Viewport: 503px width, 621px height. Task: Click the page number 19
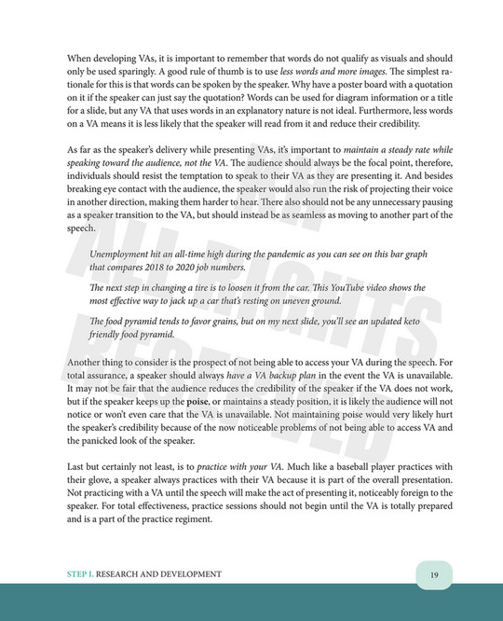[x=434, y=574]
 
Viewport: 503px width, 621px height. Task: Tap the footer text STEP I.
[x=82, y=574]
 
